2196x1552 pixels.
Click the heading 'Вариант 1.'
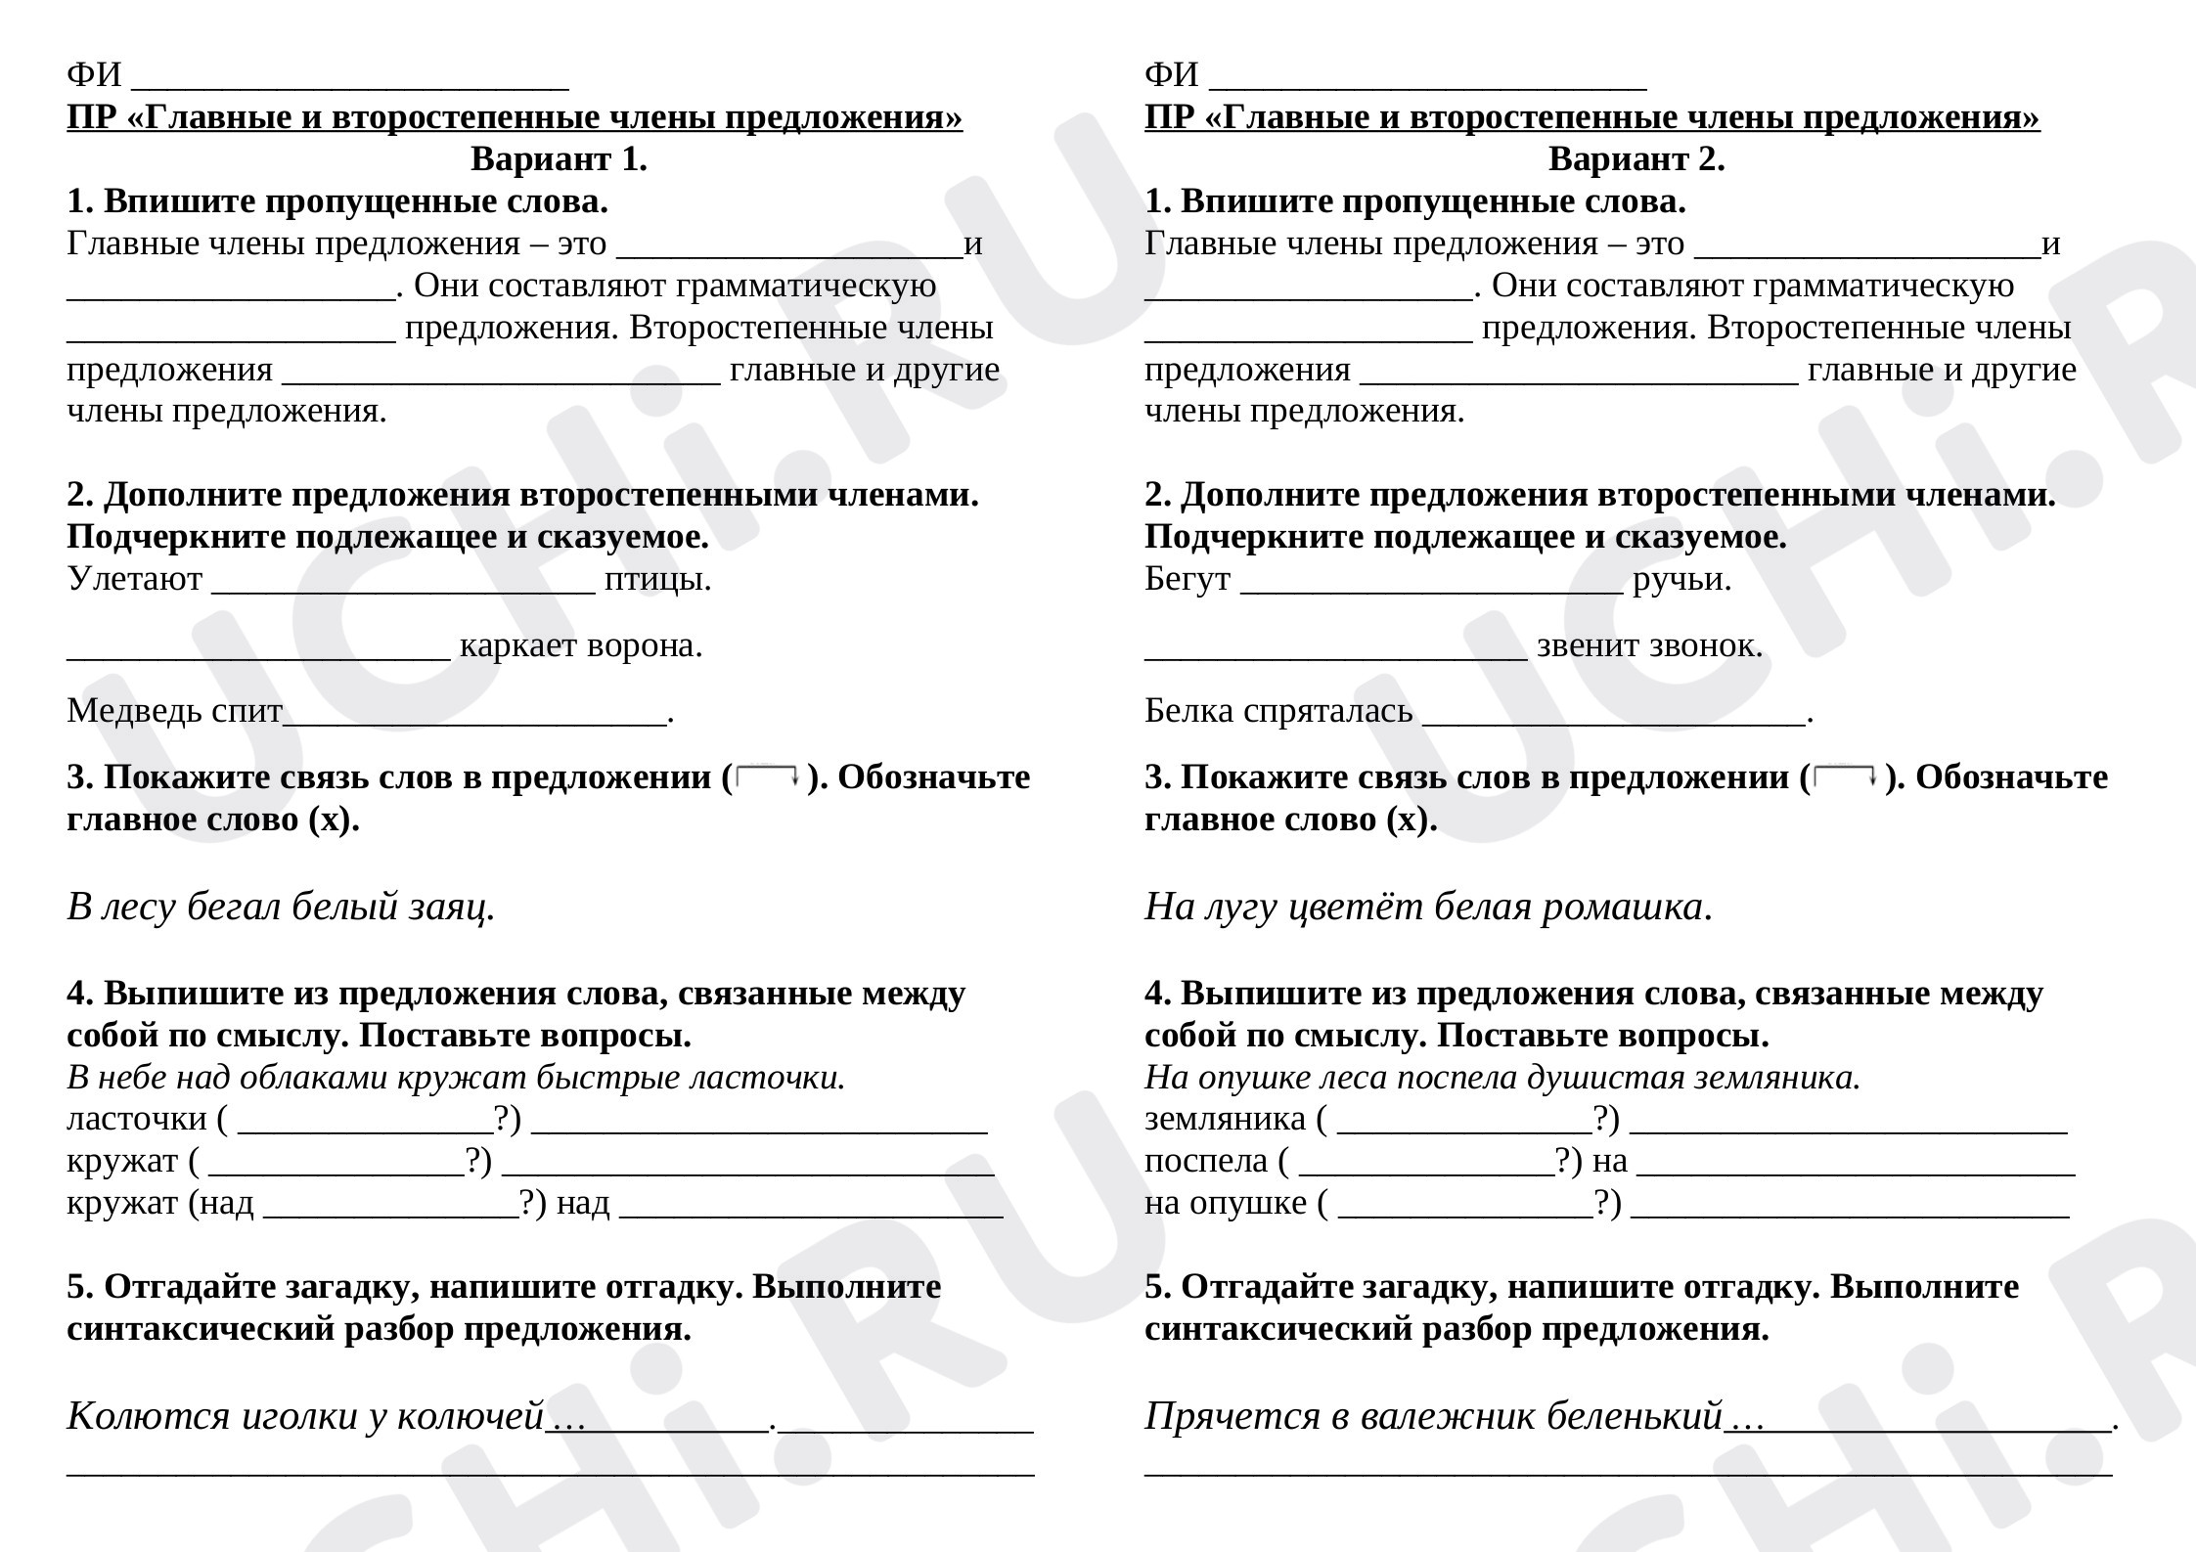click(559, 158)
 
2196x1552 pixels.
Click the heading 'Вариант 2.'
click(1636, 158)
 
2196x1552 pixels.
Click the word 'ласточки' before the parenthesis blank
click(136, 1119)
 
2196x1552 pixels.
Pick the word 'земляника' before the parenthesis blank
click(1225, 1119)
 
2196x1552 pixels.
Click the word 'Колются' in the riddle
click(147, 1416)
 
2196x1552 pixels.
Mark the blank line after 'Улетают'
click(403, 587)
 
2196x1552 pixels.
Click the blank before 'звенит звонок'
click(1335, 653)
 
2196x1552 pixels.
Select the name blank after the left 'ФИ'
click(349, 82)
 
